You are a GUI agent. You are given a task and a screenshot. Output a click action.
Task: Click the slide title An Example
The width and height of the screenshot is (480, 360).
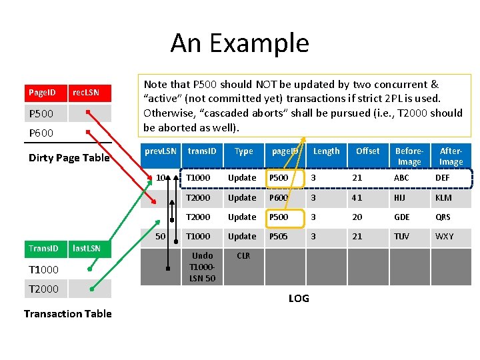pyautogui.click(x=239, y=43)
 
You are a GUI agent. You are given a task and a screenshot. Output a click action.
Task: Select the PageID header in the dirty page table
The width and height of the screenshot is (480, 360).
pyautogui.click(x=41, y=93)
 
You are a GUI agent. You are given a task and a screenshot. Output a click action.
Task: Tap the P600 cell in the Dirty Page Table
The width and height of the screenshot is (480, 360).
pyautogui.click(x=41, y=133)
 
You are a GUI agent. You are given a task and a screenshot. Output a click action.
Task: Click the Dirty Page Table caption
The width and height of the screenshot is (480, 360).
pyautogui.click(x=69, y=158)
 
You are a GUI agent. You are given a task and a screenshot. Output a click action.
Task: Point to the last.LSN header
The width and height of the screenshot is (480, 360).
pyautogui.click(x=87, y=249)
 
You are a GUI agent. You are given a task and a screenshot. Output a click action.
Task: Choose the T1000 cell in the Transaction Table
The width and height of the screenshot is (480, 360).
pyautogui.click(x=43, y=269)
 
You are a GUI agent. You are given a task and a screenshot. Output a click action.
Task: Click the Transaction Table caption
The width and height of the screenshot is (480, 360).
pyautogui.click(x=67, y=313)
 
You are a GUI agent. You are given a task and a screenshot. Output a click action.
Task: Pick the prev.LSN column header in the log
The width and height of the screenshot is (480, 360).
pyautogui.click(x=161, y=151)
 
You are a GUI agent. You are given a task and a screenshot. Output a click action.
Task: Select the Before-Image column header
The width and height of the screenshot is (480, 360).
pyautogui.click(x=409, y=156)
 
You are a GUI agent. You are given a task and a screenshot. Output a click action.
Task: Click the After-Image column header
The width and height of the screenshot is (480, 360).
pyautogui.click(x=451, y=156)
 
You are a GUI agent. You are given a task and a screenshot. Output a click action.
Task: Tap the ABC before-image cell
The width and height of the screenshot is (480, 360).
pyautogui.click(x=402, y=178)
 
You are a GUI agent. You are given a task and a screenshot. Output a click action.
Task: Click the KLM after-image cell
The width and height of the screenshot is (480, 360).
pyautogui.click(x=443, y=198)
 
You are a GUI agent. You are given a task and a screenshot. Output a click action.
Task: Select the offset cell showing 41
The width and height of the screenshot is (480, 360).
pyautogui.click(x=357, y=198)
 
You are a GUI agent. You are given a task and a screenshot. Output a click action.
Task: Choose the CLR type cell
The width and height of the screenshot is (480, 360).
pyautogui.click(x=243, y=256)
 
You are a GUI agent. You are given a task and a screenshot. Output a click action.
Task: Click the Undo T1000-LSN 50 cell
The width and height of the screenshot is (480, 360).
pyautogui.click(x=202, y=267)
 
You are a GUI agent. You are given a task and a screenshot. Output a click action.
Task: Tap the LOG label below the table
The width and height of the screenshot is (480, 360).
pyautogui.click(x=299, y=298)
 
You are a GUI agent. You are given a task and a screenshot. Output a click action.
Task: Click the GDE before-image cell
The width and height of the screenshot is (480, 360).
pyautogui.click(x=403, y=217)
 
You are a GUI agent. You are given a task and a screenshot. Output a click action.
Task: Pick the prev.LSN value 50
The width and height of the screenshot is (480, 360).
pyautogui.click(x=161, y=237)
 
